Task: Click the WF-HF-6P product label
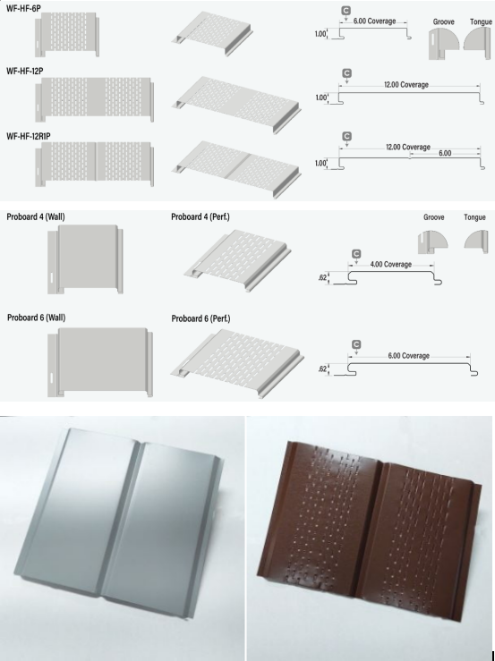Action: (23, 8)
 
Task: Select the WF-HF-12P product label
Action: (24, 72)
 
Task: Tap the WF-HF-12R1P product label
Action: (29, 136)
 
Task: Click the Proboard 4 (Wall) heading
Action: (36, 216)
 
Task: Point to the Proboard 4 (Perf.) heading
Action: (201, 216)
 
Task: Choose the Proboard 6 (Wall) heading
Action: (37, 318)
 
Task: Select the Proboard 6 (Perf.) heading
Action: (201, 318)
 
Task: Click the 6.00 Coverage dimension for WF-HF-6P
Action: (374, 21)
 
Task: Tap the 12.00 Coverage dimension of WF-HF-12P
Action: (406, 84)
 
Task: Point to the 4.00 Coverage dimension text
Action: (391, 265)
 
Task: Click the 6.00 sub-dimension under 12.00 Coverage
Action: (445, 153)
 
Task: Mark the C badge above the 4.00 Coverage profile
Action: (356, 254)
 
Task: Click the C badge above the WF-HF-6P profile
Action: (346, 11)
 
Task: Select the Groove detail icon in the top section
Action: (443, 44)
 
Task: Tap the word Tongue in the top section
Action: (481, 21)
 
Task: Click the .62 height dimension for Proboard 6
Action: (322, 369)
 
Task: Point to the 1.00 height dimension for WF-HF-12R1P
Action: (320, 163)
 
